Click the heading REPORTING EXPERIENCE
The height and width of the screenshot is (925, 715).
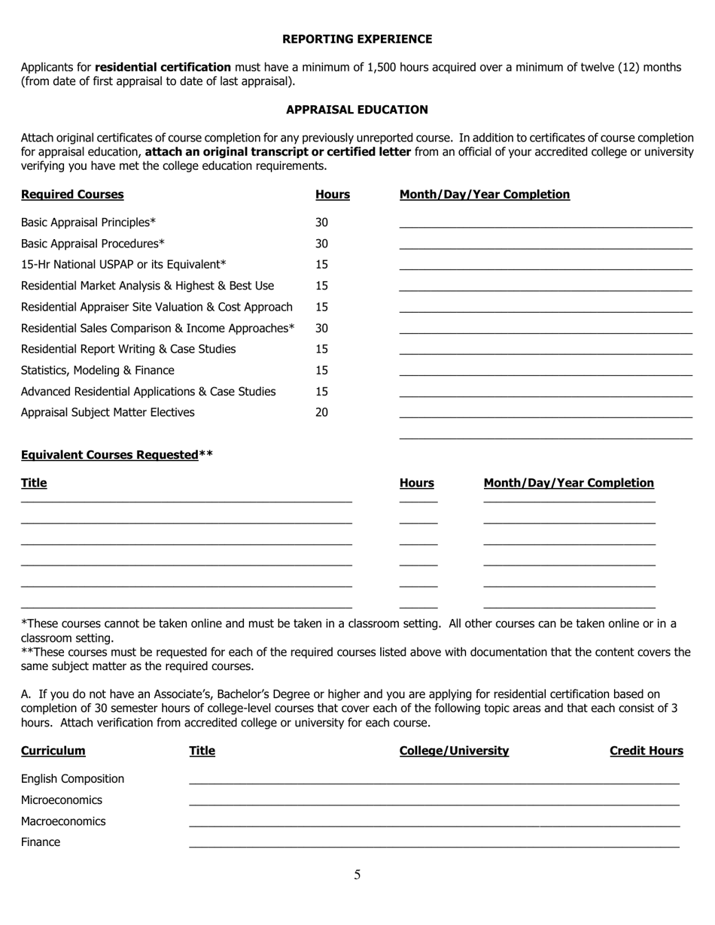[357, 39]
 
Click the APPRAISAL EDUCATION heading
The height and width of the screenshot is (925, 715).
[357, 110]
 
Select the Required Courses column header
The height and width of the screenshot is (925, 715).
[72, 195]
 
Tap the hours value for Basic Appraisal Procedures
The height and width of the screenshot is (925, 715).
[321, 244]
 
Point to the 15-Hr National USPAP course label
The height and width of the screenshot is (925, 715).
[123, 265]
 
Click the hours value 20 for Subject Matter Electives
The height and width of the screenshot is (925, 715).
[321, 412]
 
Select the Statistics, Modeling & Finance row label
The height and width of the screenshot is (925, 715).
[97, 370]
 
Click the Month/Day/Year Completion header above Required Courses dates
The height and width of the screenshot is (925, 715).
[484, 195]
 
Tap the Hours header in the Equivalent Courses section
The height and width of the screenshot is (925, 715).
[416, 483]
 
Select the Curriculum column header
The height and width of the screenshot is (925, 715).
[53, 751]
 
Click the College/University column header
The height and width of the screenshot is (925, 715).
[454, 751]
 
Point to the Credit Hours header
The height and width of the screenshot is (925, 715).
[646, 751]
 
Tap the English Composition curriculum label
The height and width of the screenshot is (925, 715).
[72, 779]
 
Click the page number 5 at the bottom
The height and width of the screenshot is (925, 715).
[357, 875]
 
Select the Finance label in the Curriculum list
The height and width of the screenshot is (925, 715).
[41, 842]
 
